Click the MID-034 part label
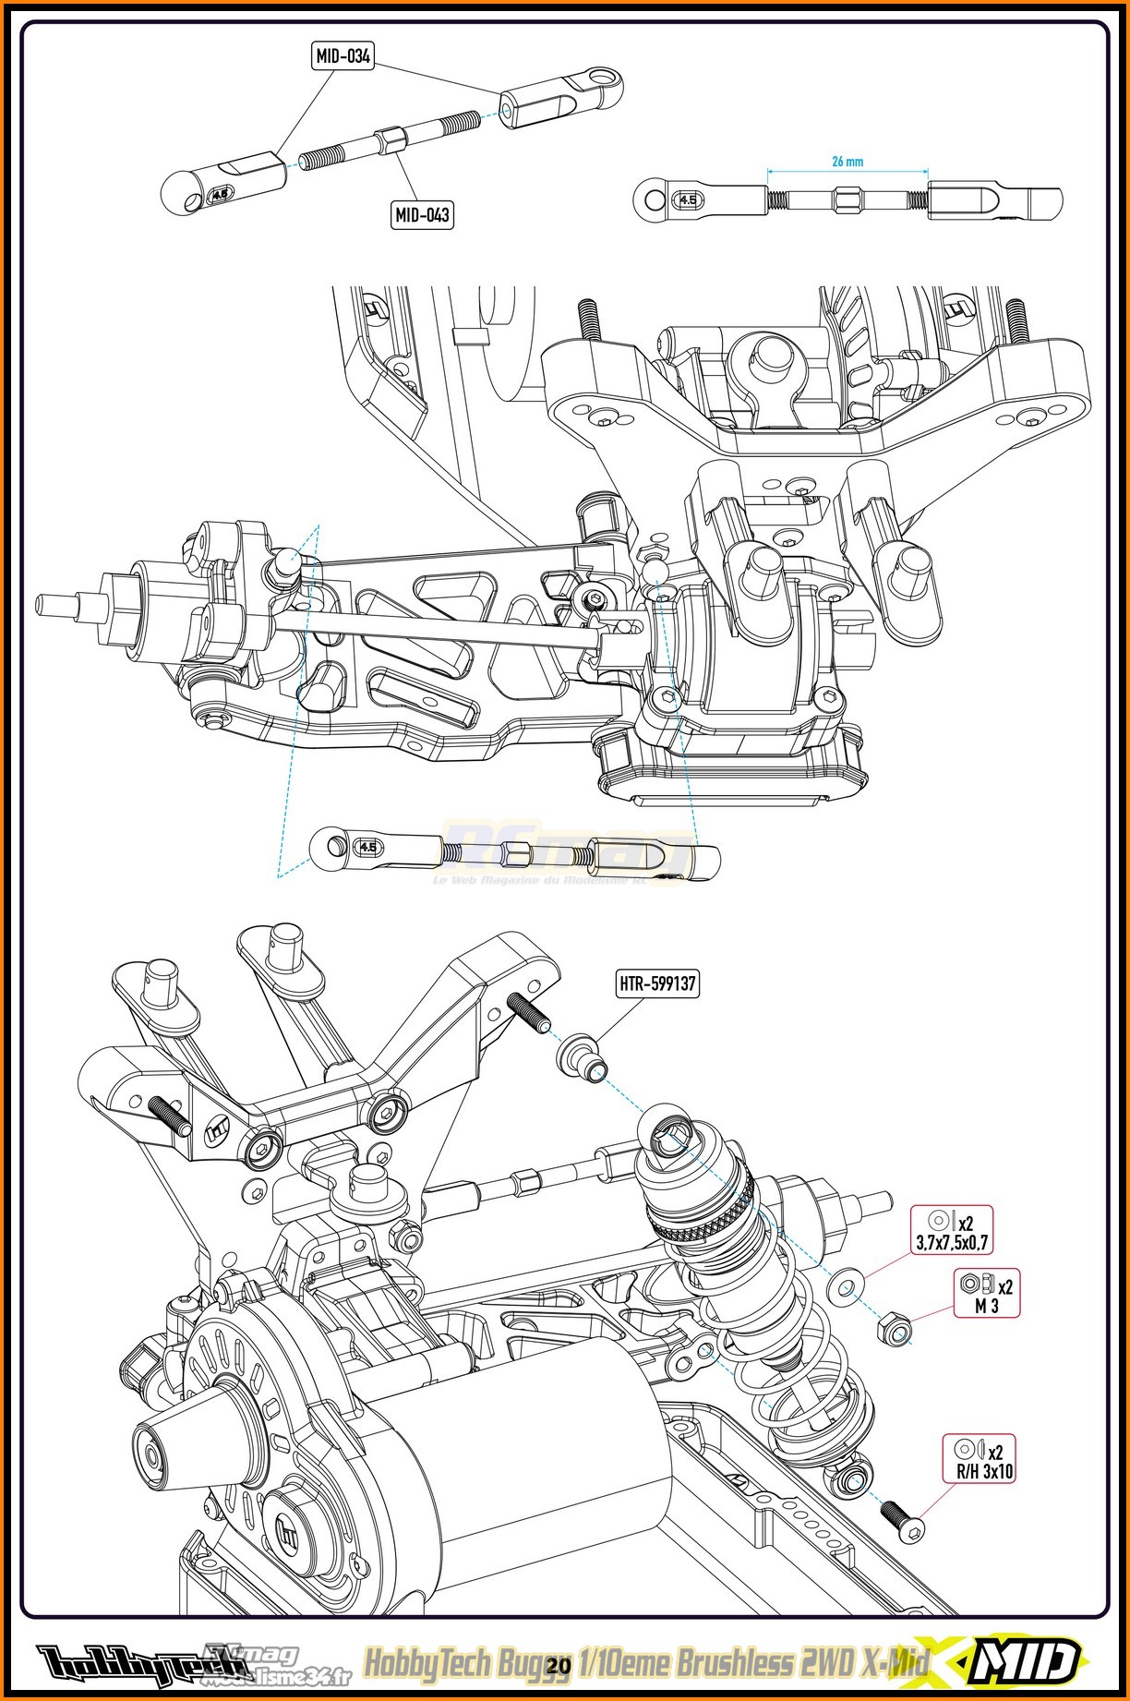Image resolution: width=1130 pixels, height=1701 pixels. [x=343, y=56]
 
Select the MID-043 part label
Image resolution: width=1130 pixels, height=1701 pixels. [x=422, y=215]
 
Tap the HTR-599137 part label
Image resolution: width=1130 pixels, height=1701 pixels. [x=657, y=983]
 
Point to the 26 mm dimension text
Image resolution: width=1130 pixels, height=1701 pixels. [x=847, y=162]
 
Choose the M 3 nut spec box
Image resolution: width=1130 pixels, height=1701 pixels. [x=986, y=1293]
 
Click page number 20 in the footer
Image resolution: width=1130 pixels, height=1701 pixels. [x=559, y=1665]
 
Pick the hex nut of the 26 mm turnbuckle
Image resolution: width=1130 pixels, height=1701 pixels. [x=847, y=199]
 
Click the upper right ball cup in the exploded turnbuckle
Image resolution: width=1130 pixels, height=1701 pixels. [x=561, y=98]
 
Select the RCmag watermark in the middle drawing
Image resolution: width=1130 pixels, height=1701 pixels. [x=563, y=854]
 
